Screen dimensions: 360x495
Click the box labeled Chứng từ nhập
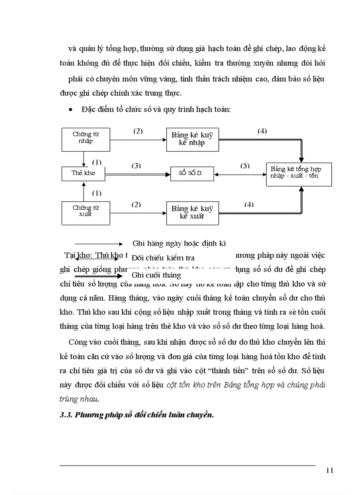(86, 138)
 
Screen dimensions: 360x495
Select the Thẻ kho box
(83, 173)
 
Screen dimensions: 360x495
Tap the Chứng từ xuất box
(86, 211)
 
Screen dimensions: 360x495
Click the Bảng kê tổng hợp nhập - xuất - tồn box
(299, 173)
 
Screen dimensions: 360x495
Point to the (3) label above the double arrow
(137, 166)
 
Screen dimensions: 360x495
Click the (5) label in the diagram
(245, 166)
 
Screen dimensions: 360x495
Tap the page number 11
(330, 470)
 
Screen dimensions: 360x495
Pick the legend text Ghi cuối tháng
(156, 275)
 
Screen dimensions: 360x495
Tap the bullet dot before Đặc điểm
(71, 110)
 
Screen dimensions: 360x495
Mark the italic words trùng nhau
(80, 398)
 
